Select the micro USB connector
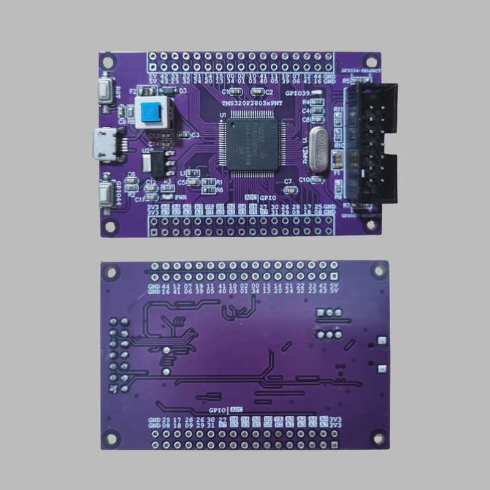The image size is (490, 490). pyautogui.click(x=104, y=143)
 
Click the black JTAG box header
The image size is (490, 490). pyautogui.click(x=371, y=144)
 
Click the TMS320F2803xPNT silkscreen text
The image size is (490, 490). pyautogui.click(x=252, y=104)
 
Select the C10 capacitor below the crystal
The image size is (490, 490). pyautogui.click(x=317, y=179)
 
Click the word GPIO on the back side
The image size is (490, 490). pyautogui.click(x=217, y=410)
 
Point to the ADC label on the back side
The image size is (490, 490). pyautogui.click(x=236, y=410)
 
